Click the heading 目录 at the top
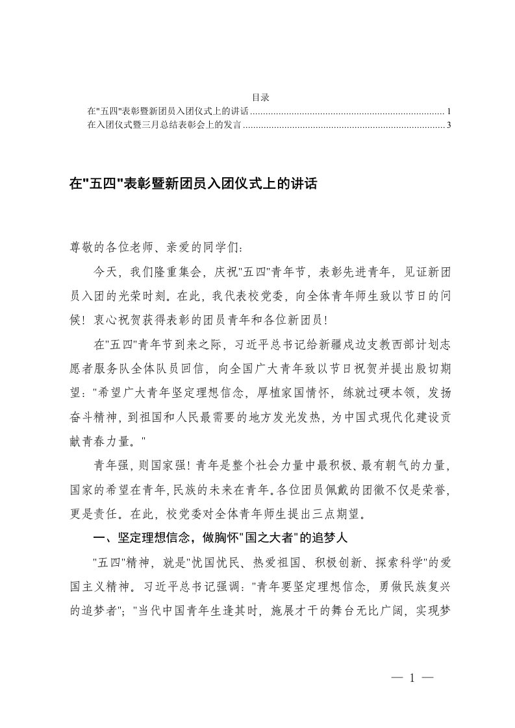click(260, 97)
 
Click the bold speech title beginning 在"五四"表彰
click(193, 184)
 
